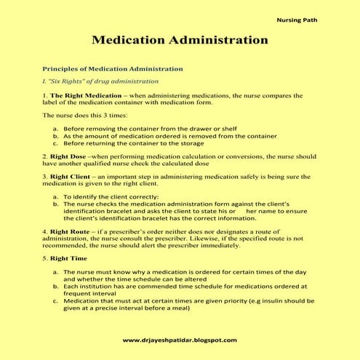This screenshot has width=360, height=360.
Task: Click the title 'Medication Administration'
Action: [180, 39]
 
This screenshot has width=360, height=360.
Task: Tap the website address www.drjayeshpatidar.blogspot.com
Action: [179, 340]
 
